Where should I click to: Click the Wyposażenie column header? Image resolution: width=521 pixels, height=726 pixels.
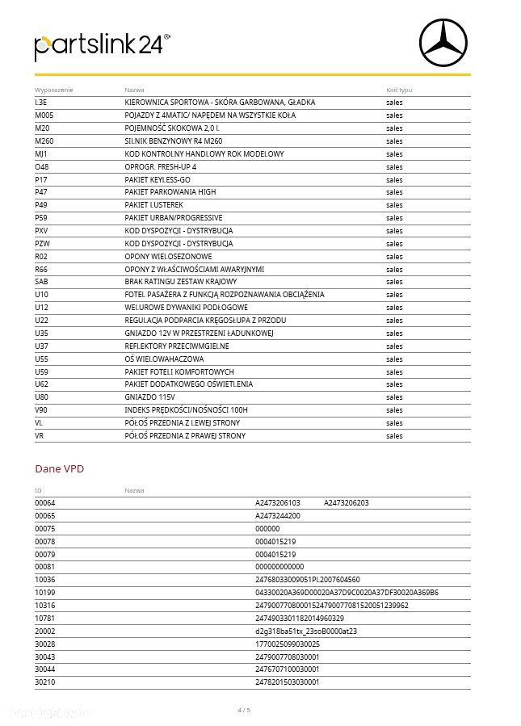(50, 89)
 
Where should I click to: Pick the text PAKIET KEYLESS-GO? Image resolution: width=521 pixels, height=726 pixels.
(158, 179)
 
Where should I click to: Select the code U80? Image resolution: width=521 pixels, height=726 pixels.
(42, 397)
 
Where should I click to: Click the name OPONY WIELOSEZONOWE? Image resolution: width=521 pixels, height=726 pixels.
(162, 256)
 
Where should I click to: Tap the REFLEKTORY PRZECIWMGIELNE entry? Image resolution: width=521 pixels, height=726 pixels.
(177, 346)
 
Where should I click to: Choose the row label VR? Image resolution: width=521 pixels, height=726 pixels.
(40, 436)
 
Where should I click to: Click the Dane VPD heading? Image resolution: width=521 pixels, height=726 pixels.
(59, 468)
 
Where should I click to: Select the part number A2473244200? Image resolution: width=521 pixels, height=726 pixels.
(278, 515)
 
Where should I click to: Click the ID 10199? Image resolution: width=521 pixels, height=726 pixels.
(45, 592)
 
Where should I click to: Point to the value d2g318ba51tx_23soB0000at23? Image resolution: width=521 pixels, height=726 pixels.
(306, 631)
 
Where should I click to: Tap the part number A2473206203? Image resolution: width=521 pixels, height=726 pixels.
(347, 502)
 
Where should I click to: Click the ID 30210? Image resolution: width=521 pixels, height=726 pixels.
(45, 682)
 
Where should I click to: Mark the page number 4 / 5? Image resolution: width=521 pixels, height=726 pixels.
(244, 710)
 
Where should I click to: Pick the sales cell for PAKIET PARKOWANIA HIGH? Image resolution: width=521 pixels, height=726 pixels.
(394, 192)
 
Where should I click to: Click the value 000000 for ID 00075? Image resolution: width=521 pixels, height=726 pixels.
(267, 528)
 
